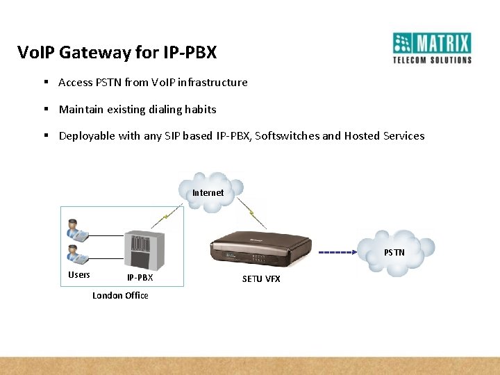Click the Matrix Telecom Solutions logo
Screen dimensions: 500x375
pyautogui.click(x=432, y=48)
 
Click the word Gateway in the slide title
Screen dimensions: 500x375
pyautogui.click(x=90, y=53)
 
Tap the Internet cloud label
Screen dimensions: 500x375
pyautogui.click(x=208, y=192)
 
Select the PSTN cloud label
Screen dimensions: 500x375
pyautogui.click(x=394, y=252)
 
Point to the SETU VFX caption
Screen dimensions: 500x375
pyautogui.click(x=261, y=278)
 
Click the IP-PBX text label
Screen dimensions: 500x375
pyautogui.click(x=140, y=278)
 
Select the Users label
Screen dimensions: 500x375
pyautogui.click(x=79, y=275)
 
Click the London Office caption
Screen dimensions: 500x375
pyautogui.click(x=120, y=296)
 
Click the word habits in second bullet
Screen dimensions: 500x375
pyautogui.click(x=200, y=109)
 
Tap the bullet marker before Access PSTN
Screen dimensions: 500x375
pyautogui.click(x=45, y=82)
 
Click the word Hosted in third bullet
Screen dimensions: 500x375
pyautogui.click(x=362, y=136)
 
